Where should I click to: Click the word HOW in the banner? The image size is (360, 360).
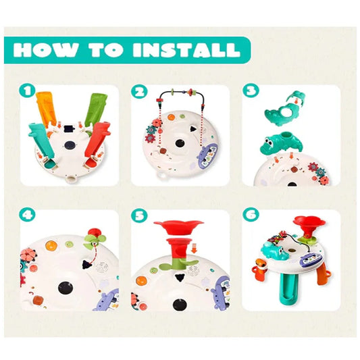pyautogui.click(x=45, y=49)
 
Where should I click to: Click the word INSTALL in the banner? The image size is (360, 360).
pyautogui.click(x=186, y=49)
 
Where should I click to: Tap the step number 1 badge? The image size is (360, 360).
pyautogui.click(x=27, y=91)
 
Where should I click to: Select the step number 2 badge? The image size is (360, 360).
pyautogui.click(x=139, y=91)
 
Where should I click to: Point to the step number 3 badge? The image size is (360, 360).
pyautogui.click(x=251, y=91)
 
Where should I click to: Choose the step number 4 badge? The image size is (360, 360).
pyautogui.click(x=27, y=215)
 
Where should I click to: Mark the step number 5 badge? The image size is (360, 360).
pyautogui.click(x=139, y=216)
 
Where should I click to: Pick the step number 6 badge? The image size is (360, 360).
pyautogui.click(x=251, y=215)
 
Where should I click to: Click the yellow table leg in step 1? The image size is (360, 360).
pyautogui.click(x=46, y=109)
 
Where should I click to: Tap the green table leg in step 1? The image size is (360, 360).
pyautogui.click(x=96, y=109)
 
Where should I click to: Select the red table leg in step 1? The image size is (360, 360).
pyautogui.click(x=97, y=143)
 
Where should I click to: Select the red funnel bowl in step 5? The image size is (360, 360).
pyautogui.click(x=178, y=227)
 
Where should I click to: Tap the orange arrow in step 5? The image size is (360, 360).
pyautogui.click(x=195, y=248)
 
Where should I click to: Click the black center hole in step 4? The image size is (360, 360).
pyautogui.click(x=66, y=288)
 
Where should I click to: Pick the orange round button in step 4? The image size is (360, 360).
pyautogui.click(x=51, y=246)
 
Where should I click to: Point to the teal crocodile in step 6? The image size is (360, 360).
pyautogui.click(x=274, y=251)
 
